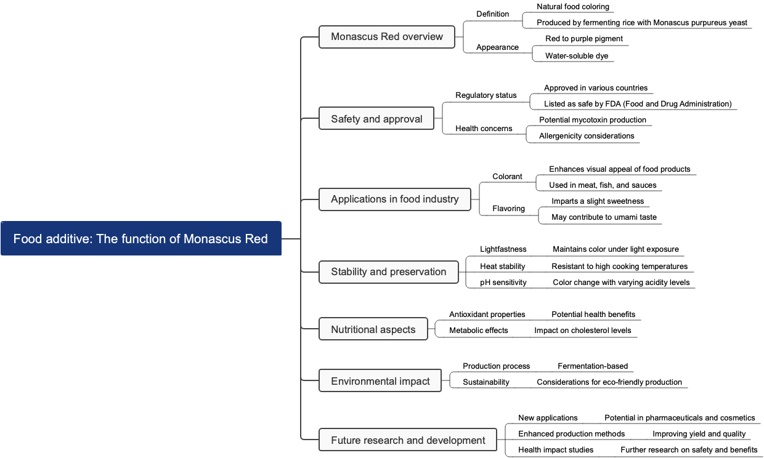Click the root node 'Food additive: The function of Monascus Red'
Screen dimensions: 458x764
coord(140,238)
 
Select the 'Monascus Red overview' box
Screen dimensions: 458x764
coord(386,36)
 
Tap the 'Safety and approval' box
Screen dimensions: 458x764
coord(376,119)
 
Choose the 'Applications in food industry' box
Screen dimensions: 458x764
coord(394,199)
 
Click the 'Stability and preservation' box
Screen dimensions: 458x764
coord(388,271)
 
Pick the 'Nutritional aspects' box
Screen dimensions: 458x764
coord(373,329)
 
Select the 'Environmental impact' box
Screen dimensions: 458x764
coord(380,381)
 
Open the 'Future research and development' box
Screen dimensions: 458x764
coord(408,440)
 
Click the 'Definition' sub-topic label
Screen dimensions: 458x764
coord(492,14)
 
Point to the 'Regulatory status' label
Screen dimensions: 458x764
coord(486,95)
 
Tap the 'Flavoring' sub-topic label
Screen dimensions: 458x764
coord(508,209)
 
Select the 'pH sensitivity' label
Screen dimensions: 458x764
coord(503,283)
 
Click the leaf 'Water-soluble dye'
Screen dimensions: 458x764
coord(576,56)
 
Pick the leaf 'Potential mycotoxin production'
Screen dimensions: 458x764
coord(592,120)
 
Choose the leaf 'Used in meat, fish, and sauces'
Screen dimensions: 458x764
coord(603,185)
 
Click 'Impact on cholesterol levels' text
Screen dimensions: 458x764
coord(582,331)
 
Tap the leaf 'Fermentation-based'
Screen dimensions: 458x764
coord(592,366)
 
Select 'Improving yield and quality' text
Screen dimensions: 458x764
coord(699,434)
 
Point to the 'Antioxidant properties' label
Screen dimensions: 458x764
coord(487,315)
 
